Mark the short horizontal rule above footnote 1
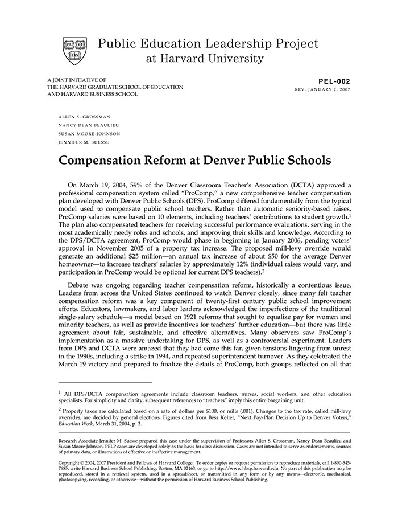pos(105,382)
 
